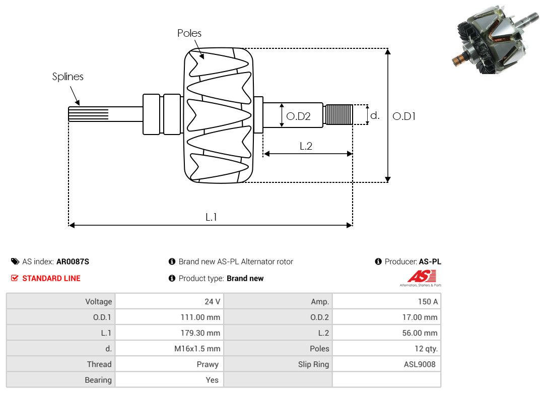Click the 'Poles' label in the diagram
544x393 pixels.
tap(189, 33)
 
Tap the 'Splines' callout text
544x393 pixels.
tap(68, 77)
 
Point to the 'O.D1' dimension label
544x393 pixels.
tap(404, 116)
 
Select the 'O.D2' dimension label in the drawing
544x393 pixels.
tap(298, 116)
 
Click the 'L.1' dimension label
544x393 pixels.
tap(211, 217)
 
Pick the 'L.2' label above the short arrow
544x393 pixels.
tap(306, 146)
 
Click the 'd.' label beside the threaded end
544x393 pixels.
tap(375, 115)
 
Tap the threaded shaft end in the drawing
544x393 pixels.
tap(338, 114)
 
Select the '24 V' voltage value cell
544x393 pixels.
tap(212, 302)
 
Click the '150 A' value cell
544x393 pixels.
tap(428, 302)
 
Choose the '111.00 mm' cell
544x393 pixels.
tap(200, 317)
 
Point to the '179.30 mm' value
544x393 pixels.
tap(200, 333)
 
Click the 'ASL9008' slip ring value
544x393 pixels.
tap(420, 364)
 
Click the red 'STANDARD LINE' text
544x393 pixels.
tap(51, 278)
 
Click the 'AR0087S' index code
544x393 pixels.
tap(73, 261)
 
